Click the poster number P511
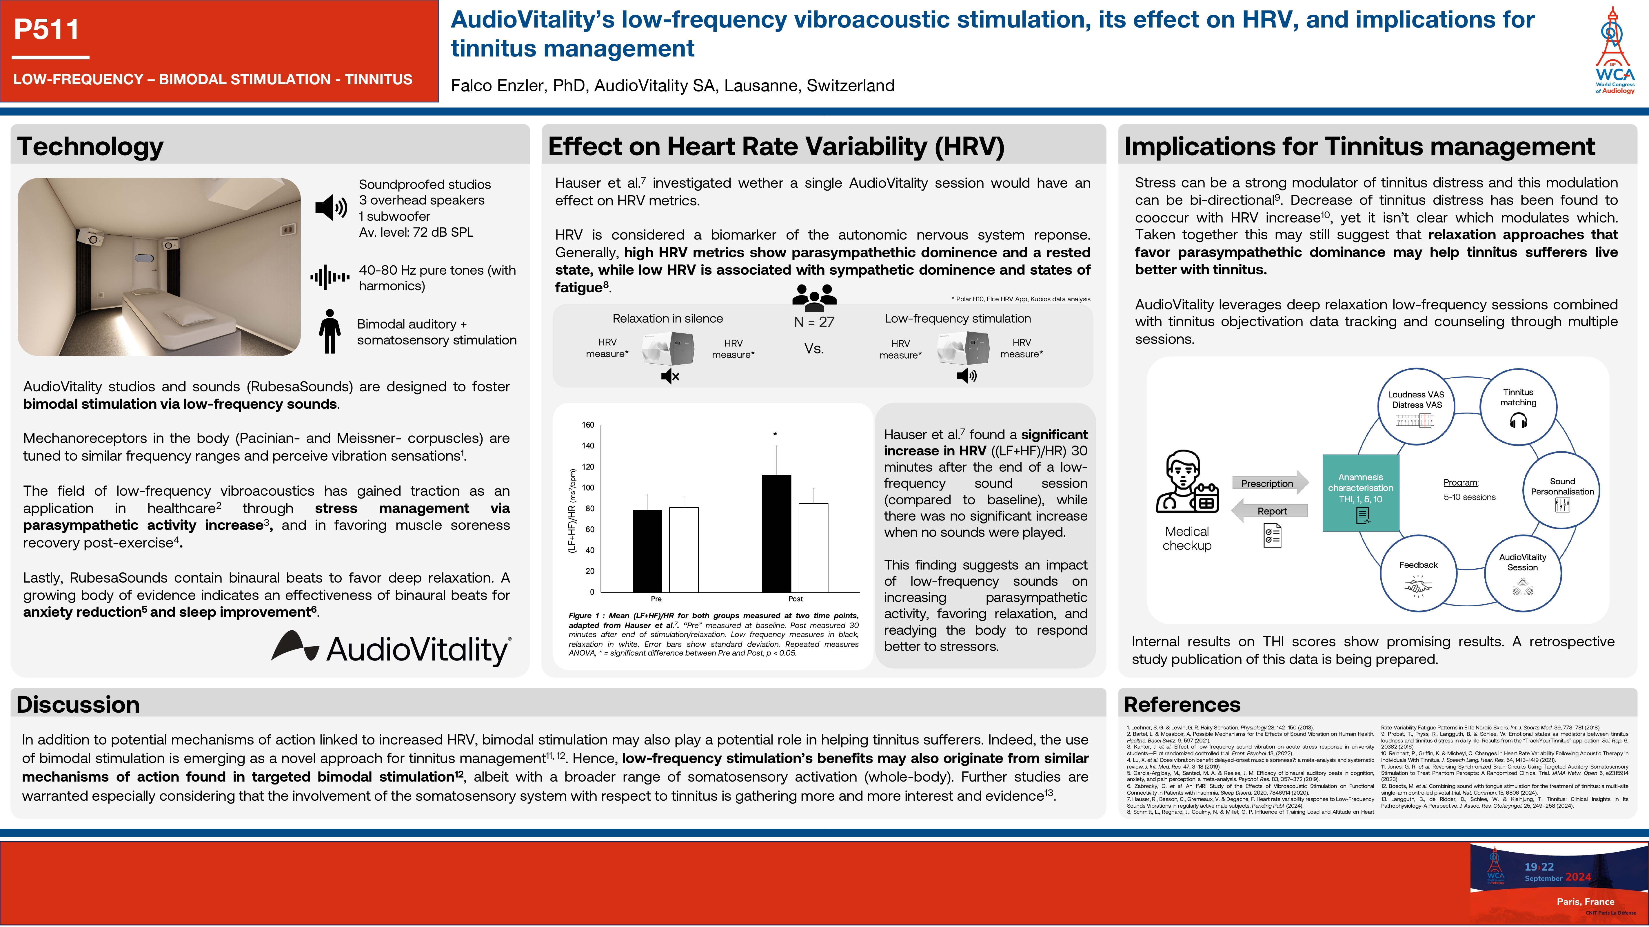tap(46, 30)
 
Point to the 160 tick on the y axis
tap(588, 425)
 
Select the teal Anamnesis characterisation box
tap(1360, 492)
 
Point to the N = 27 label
tap(813, 322)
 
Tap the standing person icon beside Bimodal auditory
tap(330, 331)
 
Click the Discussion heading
tap(78, 704)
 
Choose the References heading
tap(1182, 704)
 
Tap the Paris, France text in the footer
tap(1585, 902)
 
